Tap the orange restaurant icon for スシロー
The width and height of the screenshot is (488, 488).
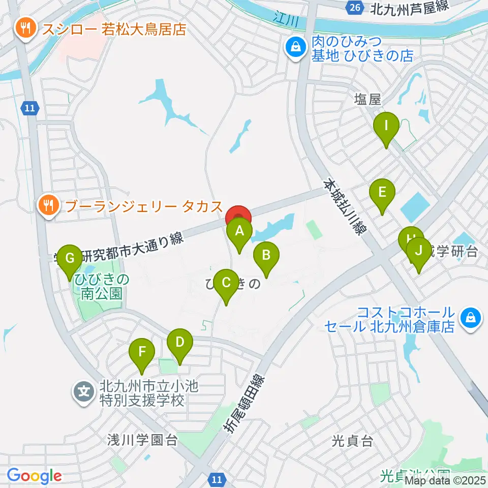click(24, 28)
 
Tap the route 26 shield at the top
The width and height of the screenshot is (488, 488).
click(355, 7)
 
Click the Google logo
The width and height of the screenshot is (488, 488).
click(34, 476)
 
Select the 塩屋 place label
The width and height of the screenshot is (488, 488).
click(368, 100)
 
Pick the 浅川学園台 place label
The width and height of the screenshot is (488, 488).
click(142, 440)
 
